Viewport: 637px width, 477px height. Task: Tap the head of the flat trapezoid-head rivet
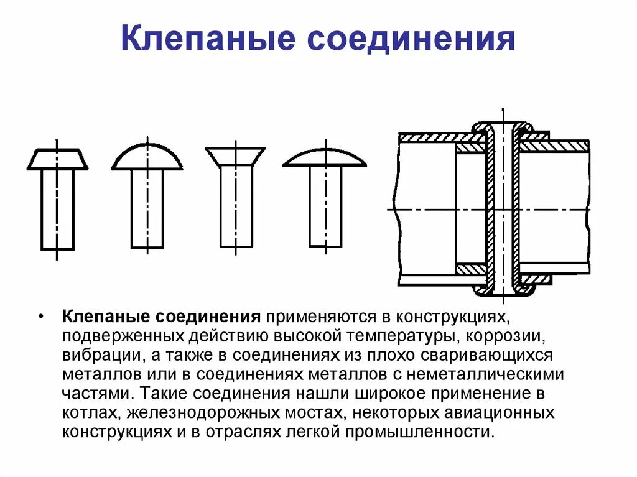point(57,160)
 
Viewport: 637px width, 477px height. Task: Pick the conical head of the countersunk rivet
point(235,155)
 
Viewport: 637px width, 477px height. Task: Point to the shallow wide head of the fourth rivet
point(325,159)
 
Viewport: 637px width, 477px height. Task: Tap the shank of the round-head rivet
point(147,208)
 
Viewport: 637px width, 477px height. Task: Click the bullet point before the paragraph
point(40,317)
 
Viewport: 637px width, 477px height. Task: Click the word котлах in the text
point(88,414)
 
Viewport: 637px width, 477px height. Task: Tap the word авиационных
point(495,414)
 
